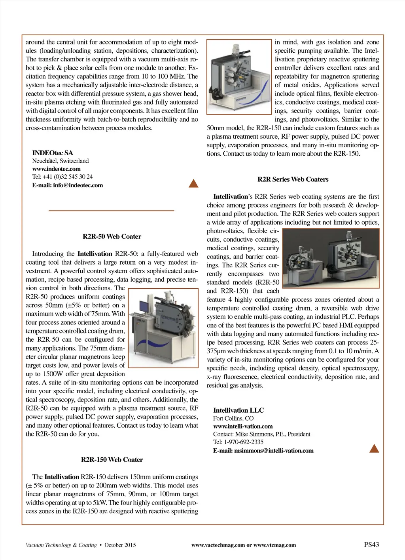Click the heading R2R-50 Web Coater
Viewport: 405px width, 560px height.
pos(112,236)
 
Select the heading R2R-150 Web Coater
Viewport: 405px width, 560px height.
pos(112,459)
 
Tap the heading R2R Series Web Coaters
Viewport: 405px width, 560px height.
pos(293,179)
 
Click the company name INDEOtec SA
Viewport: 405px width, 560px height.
pos(53,153)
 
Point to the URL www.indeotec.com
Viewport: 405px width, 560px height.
pos(56,169)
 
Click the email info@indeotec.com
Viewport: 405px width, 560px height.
pos(78,185)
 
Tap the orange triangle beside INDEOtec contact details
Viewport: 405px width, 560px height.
pos(193,183)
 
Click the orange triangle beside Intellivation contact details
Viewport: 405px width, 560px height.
pos(374,448)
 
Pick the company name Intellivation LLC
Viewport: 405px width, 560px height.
pos(238,410)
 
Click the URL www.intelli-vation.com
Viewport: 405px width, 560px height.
pos(243,426)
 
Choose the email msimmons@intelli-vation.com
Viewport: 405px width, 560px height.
pos(274,450)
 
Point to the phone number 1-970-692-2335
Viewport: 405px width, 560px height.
pos(244,442)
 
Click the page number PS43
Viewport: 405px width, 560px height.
pos(371,545)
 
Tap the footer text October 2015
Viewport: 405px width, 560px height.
pos(120,545)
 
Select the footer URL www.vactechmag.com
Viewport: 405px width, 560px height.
pos(218,545)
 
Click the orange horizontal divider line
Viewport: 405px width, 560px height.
pos(111,211)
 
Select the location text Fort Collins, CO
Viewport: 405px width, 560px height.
pos(233,418)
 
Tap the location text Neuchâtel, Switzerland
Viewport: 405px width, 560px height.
pos(61,161)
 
